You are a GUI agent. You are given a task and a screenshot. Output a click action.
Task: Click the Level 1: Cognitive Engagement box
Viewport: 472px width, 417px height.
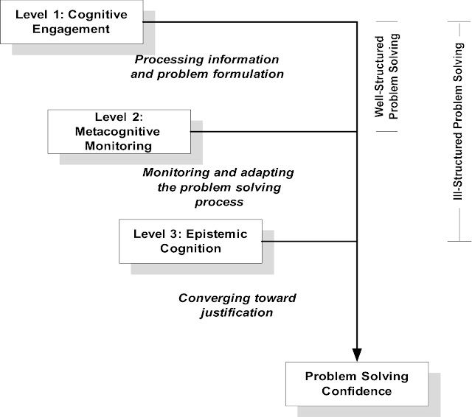pyautogui.click(x=72, y=22)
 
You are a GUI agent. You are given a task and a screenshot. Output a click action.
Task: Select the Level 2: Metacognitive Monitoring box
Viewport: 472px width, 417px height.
pyautogui.click(x=123, y=132)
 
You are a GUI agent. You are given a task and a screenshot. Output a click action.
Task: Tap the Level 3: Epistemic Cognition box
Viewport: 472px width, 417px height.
pyautogui.click(x=191, y=241)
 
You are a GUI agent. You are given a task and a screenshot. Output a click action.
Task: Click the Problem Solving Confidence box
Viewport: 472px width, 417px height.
pyautogui.click(x=356, y=383)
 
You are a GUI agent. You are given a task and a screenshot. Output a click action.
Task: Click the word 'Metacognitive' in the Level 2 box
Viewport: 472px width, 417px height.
pyautogui.click(x=123, y=132)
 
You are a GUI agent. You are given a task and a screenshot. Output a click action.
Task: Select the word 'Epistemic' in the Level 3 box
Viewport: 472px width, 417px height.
pyautogui.click(x=215, y=234)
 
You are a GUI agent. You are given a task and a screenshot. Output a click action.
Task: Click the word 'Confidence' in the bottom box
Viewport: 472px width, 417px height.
pyautogui.click(x=356, y=390)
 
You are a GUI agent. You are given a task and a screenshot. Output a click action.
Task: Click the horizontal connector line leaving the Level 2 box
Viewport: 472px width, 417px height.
pyautogui.click(x=280, y=132)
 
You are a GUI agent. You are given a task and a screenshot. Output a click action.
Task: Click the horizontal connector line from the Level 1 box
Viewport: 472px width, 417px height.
pyautogui.click(x=251, y=22)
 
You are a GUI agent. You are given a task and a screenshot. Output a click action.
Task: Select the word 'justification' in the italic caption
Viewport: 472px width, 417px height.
pyautogui.click(x=236, y=312)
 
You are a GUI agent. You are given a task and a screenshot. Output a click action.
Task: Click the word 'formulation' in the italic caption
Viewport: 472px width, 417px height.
pyautogui.click(x=248, y=74)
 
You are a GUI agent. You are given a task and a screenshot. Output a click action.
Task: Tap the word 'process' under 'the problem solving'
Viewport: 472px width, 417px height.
pyautogui.click(x=218, y=201)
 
